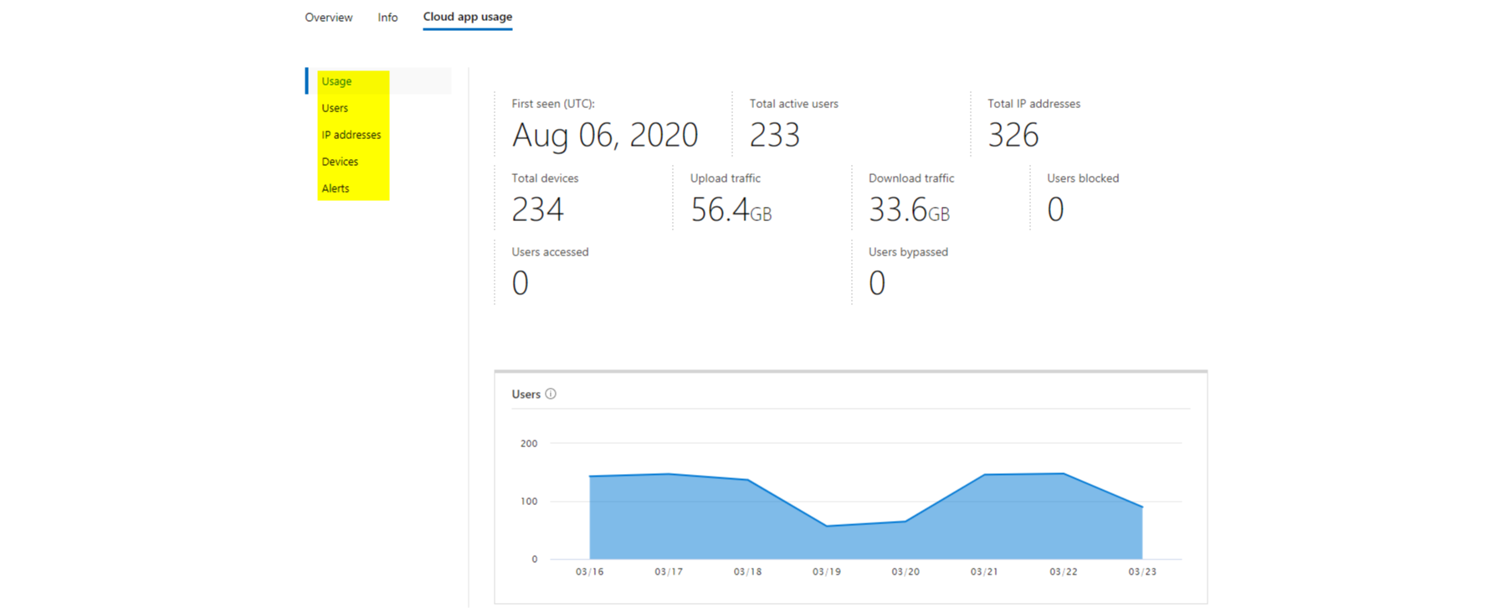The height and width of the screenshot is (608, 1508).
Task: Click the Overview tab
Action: (328, 18)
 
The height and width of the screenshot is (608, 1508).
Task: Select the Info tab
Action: (387, 18)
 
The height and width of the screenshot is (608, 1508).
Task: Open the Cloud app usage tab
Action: (467, 17)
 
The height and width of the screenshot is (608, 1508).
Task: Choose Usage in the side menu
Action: (336, 81)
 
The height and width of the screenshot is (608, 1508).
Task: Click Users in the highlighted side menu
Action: (335, 108)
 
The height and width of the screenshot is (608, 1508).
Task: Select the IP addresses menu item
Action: (351, 135)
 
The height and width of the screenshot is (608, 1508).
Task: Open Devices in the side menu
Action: (340, 162)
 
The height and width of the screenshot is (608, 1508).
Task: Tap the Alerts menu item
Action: (336, 188)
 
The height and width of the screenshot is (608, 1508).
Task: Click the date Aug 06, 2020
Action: (604, 135)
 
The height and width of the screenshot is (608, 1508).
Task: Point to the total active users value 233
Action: (774, 135)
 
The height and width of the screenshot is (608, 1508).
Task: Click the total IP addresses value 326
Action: (1013, 135)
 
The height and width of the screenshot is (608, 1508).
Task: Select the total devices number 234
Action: (537, 209)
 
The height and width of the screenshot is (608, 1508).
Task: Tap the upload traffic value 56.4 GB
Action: (731, 209)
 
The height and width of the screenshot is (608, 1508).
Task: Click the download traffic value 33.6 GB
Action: (909, 209)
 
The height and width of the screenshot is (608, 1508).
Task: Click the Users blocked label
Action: (1082, 178)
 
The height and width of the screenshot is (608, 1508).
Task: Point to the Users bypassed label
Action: (908, 252)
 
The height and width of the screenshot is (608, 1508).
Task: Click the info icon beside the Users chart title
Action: (551, 394)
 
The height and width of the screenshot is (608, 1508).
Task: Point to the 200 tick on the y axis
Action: (529, 444)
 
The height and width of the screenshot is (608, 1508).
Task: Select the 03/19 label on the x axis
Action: (826, 572)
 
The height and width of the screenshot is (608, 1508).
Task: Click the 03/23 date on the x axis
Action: (1141, 572)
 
